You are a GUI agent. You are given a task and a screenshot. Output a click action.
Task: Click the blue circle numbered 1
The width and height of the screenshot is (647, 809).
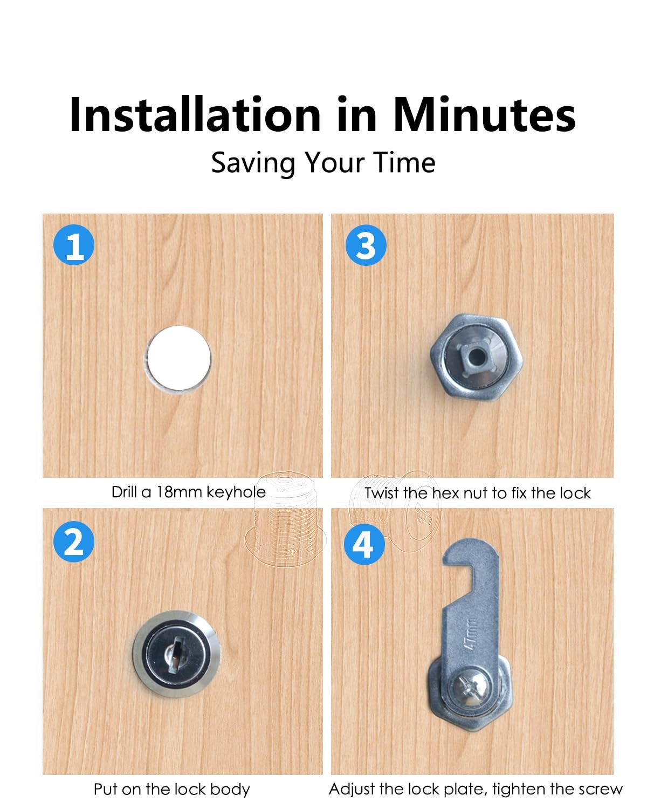74,245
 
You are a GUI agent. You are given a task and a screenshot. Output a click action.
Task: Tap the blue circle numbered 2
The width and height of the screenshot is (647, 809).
74,541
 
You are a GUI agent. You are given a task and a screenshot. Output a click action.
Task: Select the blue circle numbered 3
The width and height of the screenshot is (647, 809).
366,245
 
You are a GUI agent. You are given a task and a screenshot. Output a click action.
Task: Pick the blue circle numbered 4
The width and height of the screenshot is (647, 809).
364,544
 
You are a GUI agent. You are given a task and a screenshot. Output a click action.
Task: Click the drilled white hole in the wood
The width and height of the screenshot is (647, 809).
179,358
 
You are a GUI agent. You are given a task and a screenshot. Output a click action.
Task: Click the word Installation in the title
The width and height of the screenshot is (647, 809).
195,114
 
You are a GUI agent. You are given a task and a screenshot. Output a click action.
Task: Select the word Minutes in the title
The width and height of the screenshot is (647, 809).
484,114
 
